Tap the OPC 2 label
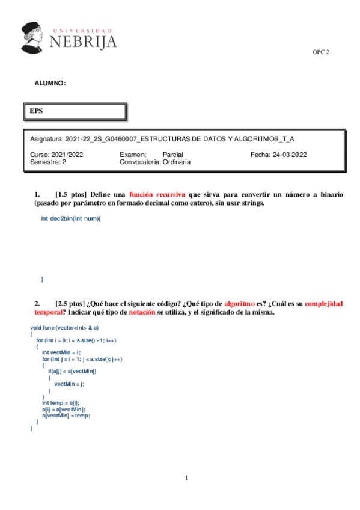click(x=320, y=52)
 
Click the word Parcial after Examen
click(x=172, y=155)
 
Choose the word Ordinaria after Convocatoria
click(x=177, y=162)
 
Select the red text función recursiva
click(x=157, y=195)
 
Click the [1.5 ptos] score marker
click(x=71, y=195)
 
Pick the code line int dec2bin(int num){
click(x=71, y=218)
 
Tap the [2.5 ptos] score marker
click(x=70, y=304)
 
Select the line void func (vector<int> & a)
click(x=64, y=327)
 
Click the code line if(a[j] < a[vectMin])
click(x=72, y=371)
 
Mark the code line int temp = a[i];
click(x=61, y=402)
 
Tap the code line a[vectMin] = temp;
click(x=67, y=415)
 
